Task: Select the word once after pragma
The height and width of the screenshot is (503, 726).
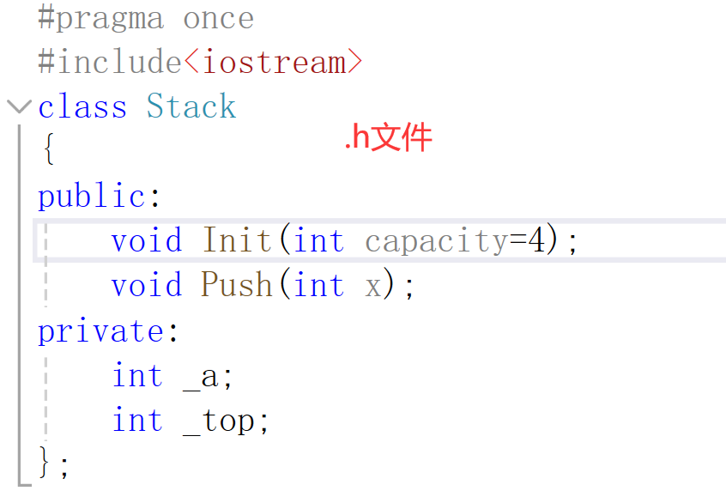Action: tap(218, 19)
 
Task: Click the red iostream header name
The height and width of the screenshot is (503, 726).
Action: tap(273, 63)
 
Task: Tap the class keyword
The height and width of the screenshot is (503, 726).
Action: tap(82, 107)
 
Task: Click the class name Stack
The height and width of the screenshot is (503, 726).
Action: tap(191, 107)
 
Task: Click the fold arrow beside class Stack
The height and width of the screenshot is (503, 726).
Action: tap(18, 107)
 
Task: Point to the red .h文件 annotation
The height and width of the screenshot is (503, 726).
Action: tap(388, 138)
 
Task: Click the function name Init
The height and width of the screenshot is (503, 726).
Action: tap(239, 240)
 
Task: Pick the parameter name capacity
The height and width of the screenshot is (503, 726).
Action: tap(436, 240)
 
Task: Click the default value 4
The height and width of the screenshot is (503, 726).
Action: tap(536, 240)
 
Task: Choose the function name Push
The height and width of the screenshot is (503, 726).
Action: tap(238, 285)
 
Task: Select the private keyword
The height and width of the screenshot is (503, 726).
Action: tap(100, 331)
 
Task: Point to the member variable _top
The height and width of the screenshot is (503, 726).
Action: tap(220, 421)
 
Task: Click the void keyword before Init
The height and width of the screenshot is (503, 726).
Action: tap(147, 240)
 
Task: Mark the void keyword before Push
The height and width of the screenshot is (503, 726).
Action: tap(147, 285)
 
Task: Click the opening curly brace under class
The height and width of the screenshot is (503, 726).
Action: tap(48, 152)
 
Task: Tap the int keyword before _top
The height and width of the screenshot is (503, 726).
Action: tap(137, 421)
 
